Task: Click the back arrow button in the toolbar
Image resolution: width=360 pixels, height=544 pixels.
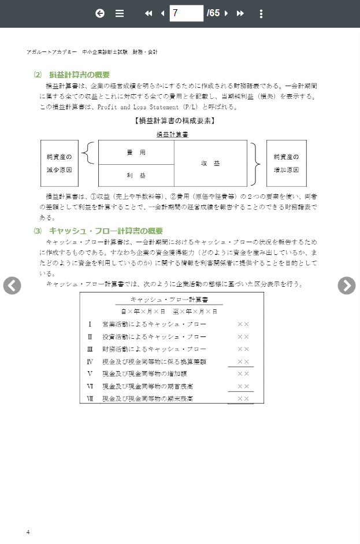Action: [100, 13]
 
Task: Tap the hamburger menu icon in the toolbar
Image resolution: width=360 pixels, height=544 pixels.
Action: [120, 13]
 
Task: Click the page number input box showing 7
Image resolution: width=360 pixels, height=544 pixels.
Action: [186, 13]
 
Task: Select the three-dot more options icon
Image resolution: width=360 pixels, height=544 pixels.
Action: [261, 13]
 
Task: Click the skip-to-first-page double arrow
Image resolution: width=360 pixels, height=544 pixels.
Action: [149, 13]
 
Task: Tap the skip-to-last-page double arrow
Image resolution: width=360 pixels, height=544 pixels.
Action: [240, 13]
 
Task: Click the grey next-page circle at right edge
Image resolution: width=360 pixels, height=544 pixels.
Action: [347, 285]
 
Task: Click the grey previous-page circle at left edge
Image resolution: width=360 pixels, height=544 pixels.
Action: [12, 285]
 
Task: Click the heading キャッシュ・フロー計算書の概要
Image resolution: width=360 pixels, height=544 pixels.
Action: [106, 231]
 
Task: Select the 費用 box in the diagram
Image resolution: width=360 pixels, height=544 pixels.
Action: [136, 153]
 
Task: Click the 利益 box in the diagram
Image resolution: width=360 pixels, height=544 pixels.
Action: [136, 175]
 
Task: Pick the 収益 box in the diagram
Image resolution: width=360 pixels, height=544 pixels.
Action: [210, 164]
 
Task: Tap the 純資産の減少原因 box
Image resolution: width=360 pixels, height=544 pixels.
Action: [60, 164]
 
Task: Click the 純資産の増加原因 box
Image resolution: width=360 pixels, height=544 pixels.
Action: [287, 164]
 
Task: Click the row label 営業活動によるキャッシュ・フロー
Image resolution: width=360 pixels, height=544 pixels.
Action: [154, 324]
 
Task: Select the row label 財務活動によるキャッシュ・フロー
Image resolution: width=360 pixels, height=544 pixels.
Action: [154, 349]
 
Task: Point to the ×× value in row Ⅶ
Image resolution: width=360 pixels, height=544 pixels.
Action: [243, 399]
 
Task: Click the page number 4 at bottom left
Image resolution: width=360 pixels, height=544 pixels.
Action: [28, 532]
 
